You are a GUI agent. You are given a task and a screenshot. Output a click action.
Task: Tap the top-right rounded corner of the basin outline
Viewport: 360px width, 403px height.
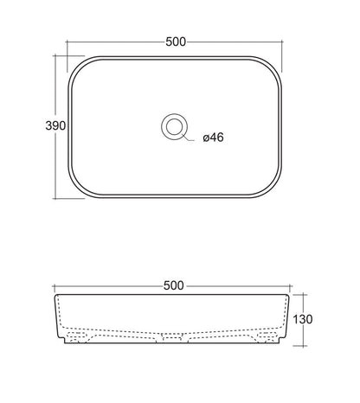(x=279, y=66)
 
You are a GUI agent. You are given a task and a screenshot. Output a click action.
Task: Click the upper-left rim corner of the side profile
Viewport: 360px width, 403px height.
(x=56, y=296)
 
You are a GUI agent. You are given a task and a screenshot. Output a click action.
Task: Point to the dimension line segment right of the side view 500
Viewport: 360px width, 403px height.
(x=242, y=285)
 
